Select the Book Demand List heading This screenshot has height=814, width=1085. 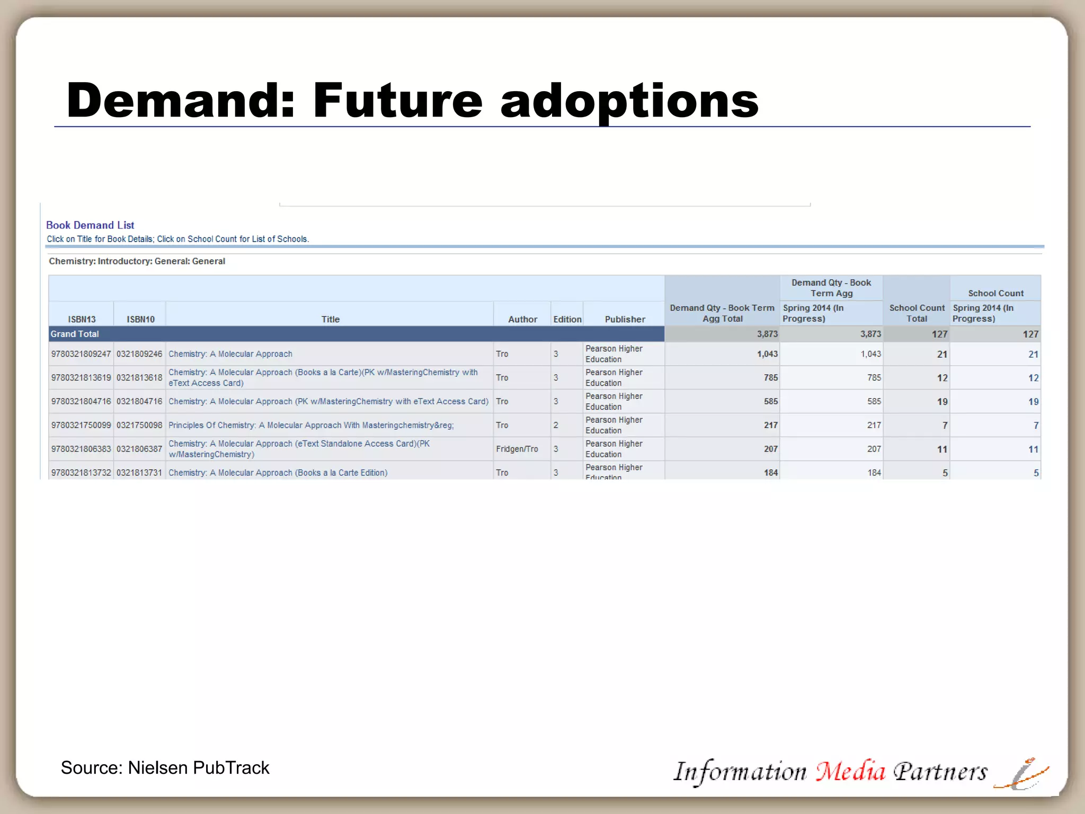click(x=90, y=225)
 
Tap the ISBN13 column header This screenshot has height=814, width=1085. click(x=82, y=319)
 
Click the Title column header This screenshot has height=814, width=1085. click(x=330, y=319)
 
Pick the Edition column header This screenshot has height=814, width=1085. click(x=567, y=319)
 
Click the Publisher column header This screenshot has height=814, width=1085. click(x=625, y=319)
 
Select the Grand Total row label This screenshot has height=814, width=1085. click(x=75, y=334)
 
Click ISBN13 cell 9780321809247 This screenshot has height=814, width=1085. click(x=81, y=354)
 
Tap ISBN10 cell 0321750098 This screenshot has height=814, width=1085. click(x=139, y=425)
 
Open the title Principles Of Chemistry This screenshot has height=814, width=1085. click(x=311, y=425)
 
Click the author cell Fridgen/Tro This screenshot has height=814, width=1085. click(x=517, y=449)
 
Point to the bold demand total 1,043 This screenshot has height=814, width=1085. click(x=767, y=354)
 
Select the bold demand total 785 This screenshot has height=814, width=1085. click(x=770, y=378)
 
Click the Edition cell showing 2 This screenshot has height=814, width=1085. click(x=556, y=425)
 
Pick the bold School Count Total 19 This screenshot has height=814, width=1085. click(x=941, y=402)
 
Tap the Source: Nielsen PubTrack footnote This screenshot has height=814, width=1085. click(x=165, y=768)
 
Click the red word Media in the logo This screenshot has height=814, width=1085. click(x=850, y=772)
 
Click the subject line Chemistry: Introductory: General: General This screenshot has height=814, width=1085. click(x=137, y=261)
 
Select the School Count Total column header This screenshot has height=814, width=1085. click(x=917, y=313)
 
